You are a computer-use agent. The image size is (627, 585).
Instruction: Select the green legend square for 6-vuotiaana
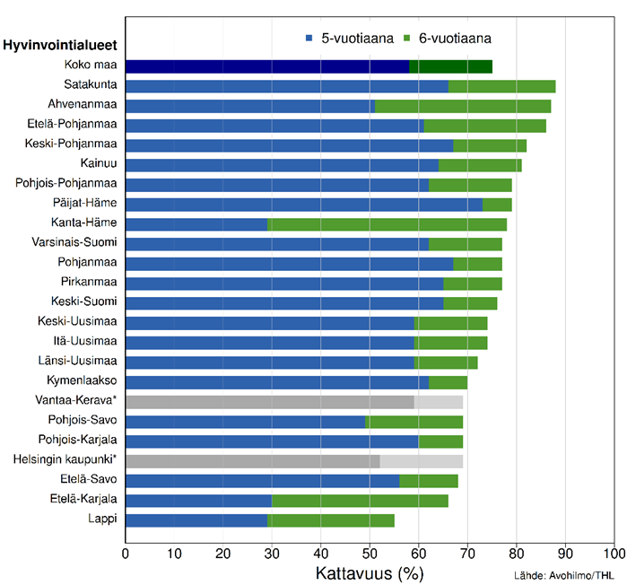click(406, 39)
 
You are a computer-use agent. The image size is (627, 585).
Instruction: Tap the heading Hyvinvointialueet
click(63, 44)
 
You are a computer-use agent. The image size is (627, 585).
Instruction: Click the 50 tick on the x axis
click(370, 551)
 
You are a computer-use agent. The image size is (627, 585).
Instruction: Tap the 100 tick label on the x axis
click(614, 551)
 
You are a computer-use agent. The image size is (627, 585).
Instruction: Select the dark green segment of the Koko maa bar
click(450, 66)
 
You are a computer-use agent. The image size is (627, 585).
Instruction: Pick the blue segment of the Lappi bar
click(196, 520)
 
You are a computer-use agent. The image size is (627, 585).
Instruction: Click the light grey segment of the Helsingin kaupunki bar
click(421, 460)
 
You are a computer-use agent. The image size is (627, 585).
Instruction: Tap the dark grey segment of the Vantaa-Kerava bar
click(269, 401)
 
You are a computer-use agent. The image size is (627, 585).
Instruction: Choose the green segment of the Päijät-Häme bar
click(497, 204)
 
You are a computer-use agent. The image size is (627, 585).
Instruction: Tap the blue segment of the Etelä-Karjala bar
click(198, 500)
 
